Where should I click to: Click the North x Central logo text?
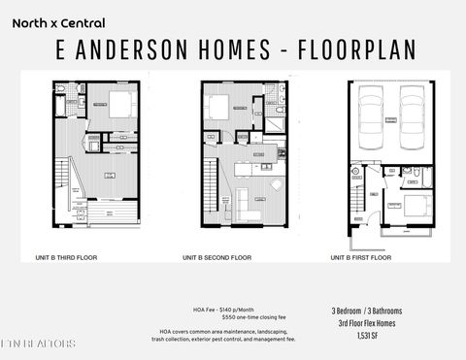point(59,22)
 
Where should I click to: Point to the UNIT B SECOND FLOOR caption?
point(216,258)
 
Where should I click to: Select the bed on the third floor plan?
point(120,107)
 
